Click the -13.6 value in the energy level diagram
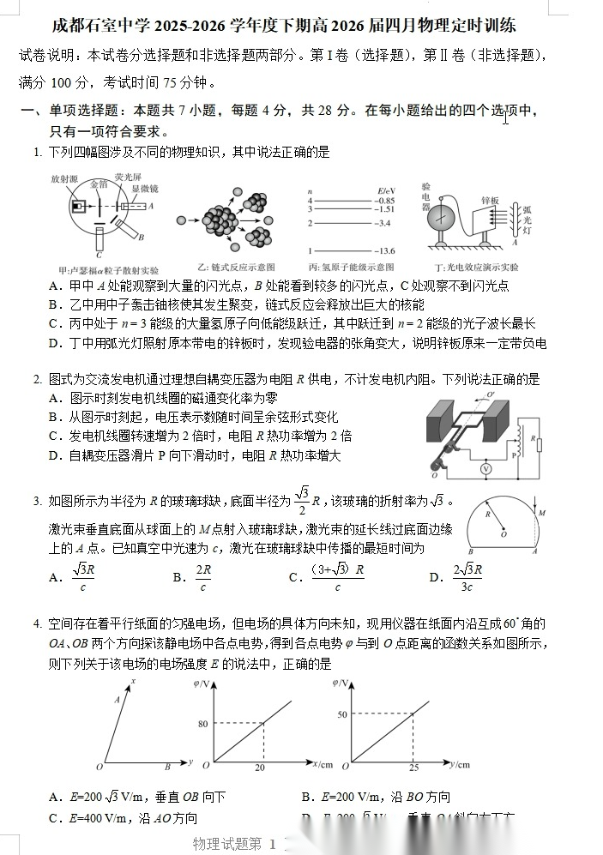[383, 250]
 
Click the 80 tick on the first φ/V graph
[203, 724]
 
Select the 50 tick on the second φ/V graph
[342, 714]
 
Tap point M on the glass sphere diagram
[542, 513]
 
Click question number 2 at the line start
[38, 379]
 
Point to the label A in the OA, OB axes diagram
[115, 700]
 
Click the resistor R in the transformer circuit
[536, 443]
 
